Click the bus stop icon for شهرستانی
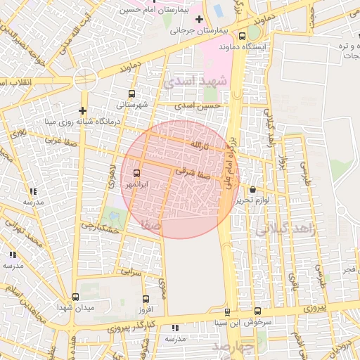click(131, 94)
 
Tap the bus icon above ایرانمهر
click(136, 173)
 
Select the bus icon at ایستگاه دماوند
click(243, 37)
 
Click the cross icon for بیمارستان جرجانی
click(199, 20)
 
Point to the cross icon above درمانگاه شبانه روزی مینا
click(83, 110)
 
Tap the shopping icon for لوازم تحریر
click(252, 189)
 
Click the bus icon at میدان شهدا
click(75, 297)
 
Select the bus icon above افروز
click(146, 298)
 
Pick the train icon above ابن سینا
click(226, 311)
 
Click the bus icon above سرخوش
click(257, 311)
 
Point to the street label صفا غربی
click(60, 139)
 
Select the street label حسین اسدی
click(202, 105)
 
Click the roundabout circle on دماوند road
click(84, 79)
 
